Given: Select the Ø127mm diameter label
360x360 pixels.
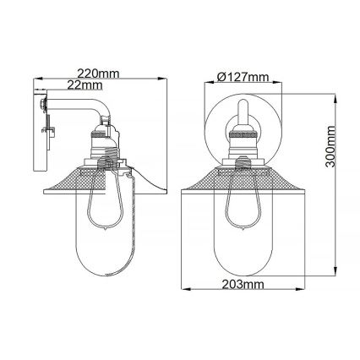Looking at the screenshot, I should (243, 77).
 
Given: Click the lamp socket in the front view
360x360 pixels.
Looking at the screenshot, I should (243, 144).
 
